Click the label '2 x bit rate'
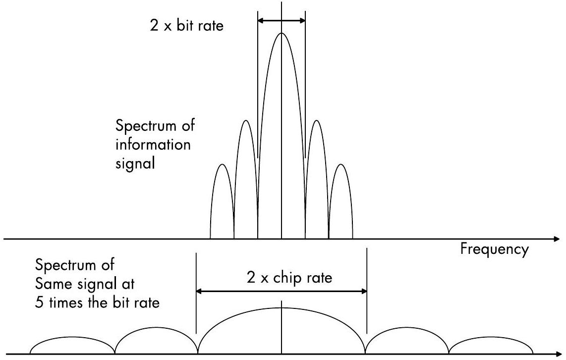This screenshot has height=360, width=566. click(186, 25)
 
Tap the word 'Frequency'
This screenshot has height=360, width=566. click(494, 249)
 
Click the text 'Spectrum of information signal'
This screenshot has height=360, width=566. click(155, 144)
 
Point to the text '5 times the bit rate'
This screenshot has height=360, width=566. click(98, 302)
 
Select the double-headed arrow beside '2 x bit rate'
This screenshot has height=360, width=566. click(282, 20)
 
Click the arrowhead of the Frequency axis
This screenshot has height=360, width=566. click(556, 240)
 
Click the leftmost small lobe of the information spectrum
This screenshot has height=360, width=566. click(222, 198)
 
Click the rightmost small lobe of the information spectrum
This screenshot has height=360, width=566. click(340, 198)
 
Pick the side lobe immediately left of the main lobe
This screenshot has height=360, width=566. click(246, 174)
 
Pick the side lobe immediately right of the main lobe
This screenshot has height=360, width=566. click(317, 174)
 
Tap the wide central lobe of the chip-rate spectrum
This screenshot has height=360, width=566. click(282, 327)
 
